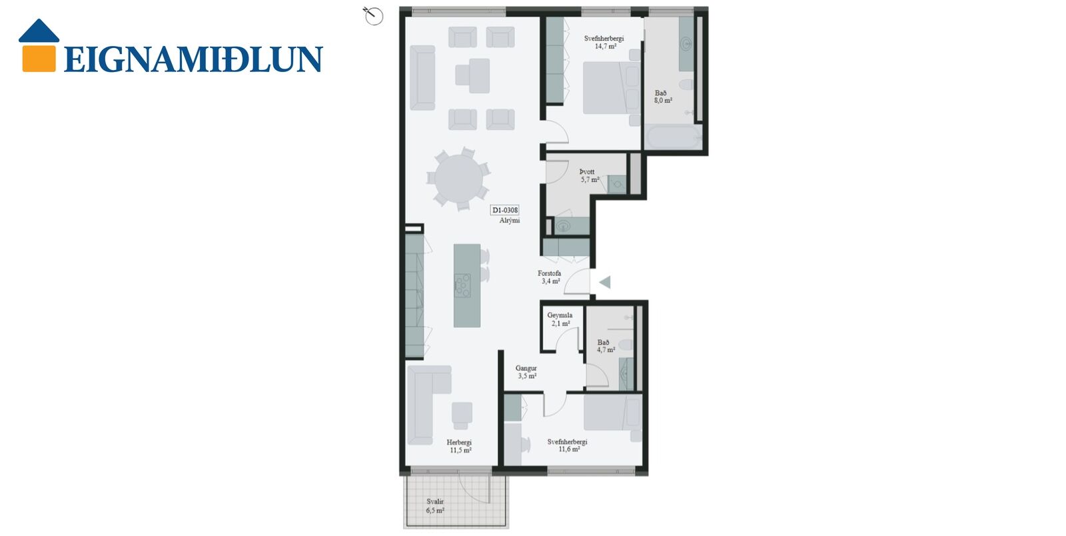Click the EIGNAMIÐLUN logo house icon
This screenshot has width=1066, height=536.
pyautogui.click(x=39, y=46)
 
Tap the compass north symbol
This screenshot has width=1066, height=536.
pyautogui.click(x=374, y=16)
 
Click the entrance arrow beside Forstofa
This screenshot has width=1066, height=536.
pyautogui.click(x=605, y=282)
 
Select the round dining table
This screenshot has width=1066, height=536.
pyautogui.click(x=459, y=179)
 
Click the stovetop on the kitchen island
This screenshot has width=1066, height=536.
pyautogui.click(x=462, y=285)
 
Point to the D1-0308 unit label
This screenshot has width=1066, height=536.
pyautogui.click(x=505, y=210)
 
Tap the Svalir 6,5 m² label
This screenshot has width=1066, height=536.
pyautogui.click(x=435, y=506)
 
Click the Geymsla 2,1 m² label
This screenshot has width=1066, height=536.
pyautogui.click(x=560, y=319)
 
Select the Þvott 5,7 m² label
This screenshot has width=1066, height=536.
pyautogui.click(x=589, y=175)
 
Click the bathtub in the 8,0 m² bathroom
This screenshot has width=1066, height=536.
pyautogui.click(x=674, y=137)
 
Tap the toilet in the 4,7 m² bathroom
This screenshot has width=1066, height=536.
pyautogui.click(x=626, y=345)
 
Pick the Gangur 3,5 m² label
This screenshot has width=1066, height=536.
pyautogui.click(x=526, y=372)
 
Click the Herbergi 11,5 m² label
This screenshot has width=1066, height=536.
pyautogui.click(x=460, y=447)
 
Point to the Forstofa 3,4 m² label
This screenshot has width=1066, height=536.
pyautogui.click(x=550, y=277)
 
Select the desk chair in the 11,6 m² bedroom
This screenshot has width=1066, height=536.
pyautogui.click(x=526, y=444)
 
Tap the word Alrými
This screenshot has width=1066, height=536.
pyautogui.click(x=510, y=221)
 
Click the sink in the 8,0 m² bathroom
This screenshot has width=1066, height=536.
pyautogui.click(x=686, y=44)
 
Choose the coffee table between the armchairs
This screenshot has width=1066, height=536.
pyautogui.click(x=472, y=76)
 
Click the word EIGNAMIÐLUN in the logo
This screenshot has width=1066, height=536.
pyautogui.click(x=193, y=59)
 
